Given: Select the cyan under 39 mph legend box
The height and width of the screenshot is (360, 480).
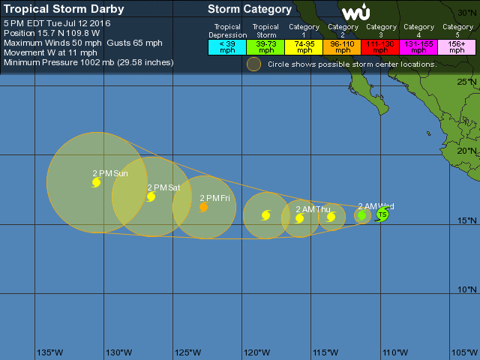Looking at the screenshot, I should (227, 46).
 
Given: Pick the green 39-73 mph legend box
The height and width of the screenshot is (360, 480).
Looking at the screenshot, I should (265, 46).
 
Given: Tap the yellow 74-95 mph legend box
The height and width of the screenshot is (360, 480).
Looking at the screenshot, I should (304, 46).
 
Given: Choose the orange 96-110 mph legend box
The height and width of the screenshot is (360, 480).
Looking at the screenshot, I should (342, 46).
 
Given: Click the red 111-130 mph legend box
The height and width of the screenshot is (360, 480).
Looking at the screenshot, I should (381, 46).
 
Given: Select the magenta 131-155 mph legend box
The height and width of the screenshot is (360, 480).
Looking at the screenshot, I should (419, 46).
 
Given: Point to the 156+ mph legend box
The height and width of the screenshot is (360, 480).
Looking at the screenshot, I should (457, 46).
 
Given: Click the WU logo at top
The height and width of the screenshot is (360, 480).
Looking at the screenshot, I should (355, 13).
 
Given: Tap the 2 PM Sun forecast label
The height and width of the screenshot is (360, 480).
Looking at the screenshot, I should (110, 173).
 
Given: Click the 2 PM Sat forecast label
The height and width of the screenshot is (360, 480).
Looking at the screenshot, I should (163, 187).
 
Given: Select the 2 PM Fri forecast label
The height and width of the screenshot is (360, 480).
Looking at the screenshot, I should (214, 198).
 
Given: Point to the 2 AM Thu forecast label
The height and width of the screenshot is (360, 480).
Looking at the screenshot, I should (313, 209).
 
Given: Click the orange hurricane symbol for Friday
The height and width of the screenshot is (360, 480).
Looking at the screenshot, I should (203, 208).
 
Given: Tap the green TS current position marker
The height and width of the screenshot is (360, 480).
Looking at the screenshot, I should (382, 215).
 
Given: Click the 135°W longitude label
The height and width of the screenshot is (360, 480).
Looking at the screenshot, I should (50, 352).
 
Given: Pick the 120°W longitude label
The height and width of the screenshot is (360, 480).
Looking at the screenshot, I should (257, 352).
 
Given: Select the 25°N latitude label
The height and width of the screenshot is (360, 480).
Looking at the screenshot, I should (468, 81).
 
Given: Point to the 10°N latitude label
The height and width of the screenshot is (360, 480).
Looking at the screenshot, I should (468, 289).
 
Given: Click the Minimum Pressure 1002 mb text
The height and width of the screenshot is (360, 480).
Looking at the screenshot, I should (88, 62).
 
